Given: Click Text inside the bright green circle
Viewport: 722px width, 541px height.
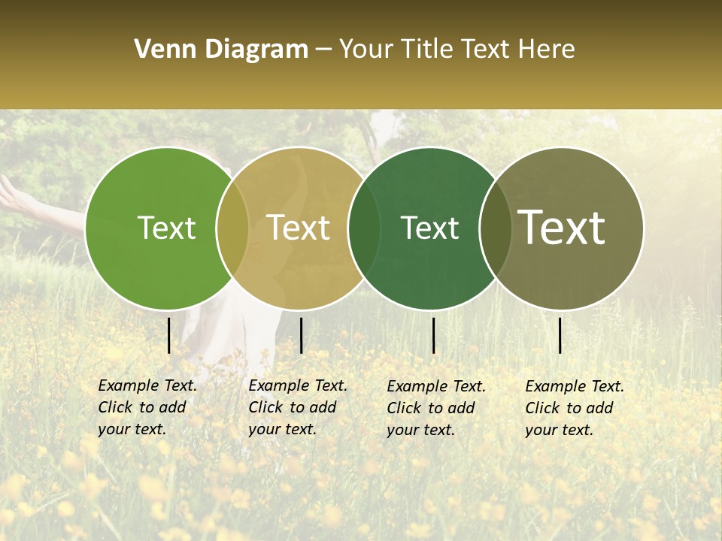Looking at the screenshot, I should pyautogui.click(x=166, y=228).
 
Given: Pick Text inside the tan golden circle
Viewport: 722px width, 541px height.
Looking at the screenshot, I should pyautogui.click(x=299, y=228).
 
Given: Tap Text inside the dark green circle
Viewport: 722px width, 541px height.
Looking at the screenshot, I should pyautogui.click(x=429, y=228).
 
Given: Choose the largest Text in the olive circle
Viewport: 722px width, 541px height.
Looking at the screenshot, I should pyautogui.click(x=562, y=227).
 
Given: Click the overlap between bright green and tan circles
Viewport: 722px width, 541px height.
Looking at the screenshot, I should pyautogui.click(x=232, y=228).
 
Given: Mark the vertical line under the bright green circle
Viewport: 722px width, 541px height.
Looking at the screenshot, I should pyautogui.click(x=169, y=335).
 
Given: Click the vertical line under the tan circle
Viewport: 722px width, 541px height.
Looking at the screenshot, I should pyautogui.click(x=301, y=335).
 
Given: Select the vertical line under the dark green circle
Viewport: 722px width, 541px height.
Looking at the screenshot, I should pyautogui.click(x=433, y=335).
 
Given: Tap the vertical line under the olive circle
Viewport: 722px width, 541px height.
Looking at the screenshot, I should pyautogui.click(x=560, y=335).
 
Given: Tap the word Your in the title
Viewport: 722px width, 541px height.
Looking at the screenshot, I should pyautogui.click(x=366, y=50).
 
